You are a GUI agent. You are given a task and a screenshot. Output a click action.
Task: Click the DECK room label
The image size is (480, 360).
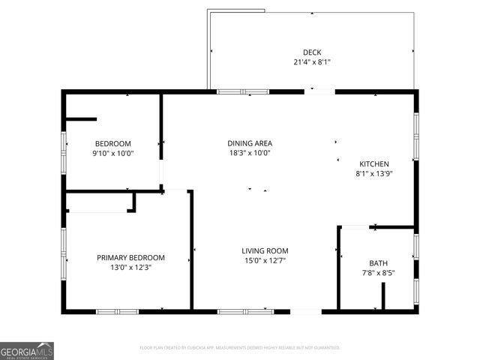click(x=312, y=52)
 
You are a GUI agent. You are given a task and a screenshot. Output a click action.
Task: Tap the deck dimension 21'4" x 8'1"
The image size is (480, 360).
click(x=312, y=62)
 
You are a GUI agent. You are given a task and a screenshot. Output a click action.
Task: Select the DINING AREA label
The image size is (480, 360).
click(x=250, y=143)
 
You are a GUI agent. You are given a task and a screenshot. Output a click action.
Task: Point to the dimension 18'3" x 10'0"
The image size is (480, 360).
click(x=250, y=153)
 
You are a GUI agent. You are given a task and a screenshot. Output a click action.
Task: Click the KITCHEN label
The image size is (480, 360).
click(x=373, y=163)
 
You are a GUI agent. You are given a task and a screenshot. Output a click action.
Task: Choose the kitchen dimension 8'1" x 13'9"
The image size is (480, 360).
click(x=373, y=173)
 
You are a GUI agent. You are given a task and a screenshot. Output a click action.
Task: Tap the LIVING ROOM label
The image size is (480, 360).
click(x=265, y=251)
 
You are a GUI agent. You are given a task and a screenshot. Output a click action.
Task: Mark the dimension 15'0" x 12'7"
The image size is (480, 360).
click(x=265, y=261)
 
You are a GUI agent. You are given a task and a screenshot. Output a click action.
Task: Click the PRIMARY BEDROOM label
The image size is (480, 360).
click(x=130, y=258)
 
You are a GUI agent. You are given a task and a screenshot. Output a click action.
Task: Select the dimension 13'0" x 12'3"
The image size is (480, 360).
click(x=130, y=268)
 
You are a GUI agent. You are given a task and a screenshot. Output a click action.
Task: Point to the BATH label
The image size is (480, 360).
click(x=378, y=263)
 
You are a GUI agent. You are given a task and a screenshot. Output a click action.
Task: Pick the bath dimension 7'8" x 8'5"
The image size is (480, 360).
click(x=378, y=273)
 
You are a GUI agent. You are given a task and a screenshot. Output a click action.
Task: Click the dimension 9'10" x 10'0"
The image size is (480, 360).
click(x=112, y=154)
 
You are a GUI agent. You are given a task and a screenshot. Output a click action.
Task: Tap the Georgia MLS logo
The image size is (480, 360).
click(x=27, y=351)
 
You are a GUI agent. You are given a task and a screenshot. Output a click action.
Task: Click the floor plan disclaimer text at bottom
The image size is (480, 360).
click(x=240, y=348)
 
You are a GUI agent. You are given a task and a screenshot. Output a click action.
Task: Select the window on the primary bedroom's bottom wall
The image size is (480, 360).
click(x=117, y=310)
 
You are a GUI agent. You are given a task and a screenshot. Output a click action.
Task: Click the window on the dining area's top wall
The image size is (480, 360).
click(x=243, y=91)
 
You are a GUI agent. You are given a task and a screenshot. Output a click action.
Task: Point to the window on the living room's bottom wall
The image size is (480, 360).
click(x=245, y=310)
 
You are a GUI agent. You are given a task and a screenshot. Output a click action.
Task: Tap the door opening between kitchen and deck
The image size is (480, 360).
click(x=319, y=91)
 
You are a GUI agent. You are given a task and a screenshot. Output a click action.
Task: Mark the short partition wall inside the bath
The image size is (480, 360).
click(x=383, y=295)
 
